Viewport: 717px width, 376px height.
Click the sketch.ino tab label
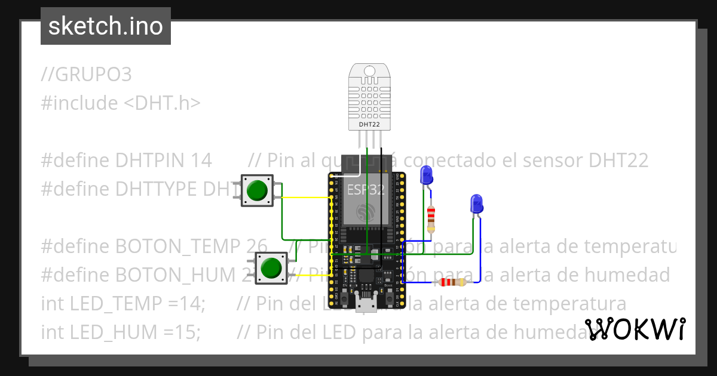[106, 26]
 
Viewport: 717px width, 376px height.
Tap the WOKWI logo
[635, 329]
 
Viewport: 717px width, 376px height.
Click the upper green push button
[257, 190]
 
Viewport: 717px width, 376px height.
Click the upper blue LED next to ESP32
[427, 175]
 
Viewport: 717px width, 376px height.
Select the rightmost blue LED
[476, 204]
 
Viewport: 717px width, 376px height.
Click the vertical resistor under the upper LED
[431, 220]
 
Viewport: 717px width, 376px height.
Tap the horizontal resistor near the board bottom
[452, 282]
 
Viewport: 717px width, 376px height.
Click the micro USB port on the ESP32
[365, 306]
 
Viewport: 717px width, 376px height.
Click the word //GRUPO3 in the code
[87, 75]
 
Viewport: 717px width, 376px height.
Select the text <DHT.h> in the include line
[162, 103]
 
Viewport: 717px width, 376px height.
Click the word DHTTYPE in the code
[157, 189]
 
